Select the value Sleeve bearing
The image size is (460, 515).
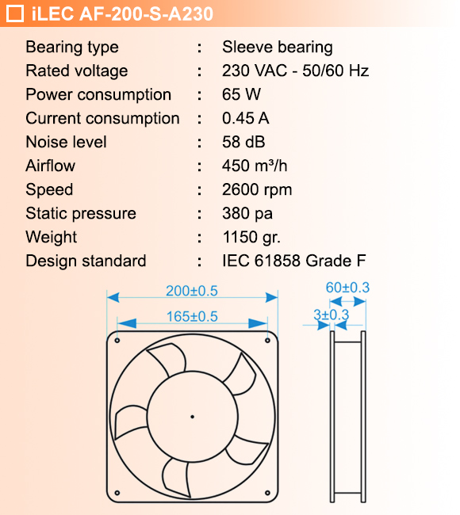point(277,47)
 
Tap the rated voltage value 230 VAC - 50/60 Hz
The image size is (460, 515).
point(295,71)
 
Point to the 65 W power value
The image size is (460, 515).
point(242,94)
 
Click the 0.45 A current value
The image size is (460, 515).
point(246,118)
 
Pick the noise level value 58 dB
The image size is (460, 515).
point(243,142)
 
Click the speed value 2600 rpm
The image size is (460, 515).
point(257,189)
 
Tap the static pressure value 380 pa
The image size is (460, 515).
point(247,213)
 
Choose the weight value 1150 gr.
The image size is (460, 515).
point(251,237)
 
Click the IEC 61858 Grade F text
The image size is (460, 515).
point(293,261)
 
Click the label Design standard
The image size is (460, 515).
point(86,261)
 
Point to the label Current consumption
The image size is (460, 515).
point(102,118)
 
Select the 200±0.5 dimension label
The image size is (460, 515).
point(191,291)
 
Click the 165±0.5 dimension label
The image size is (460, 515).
point(191,316)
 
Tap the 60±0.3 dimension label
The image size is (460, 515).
point(347,287)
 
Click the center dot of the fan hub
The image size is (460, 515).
point(192,415)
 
